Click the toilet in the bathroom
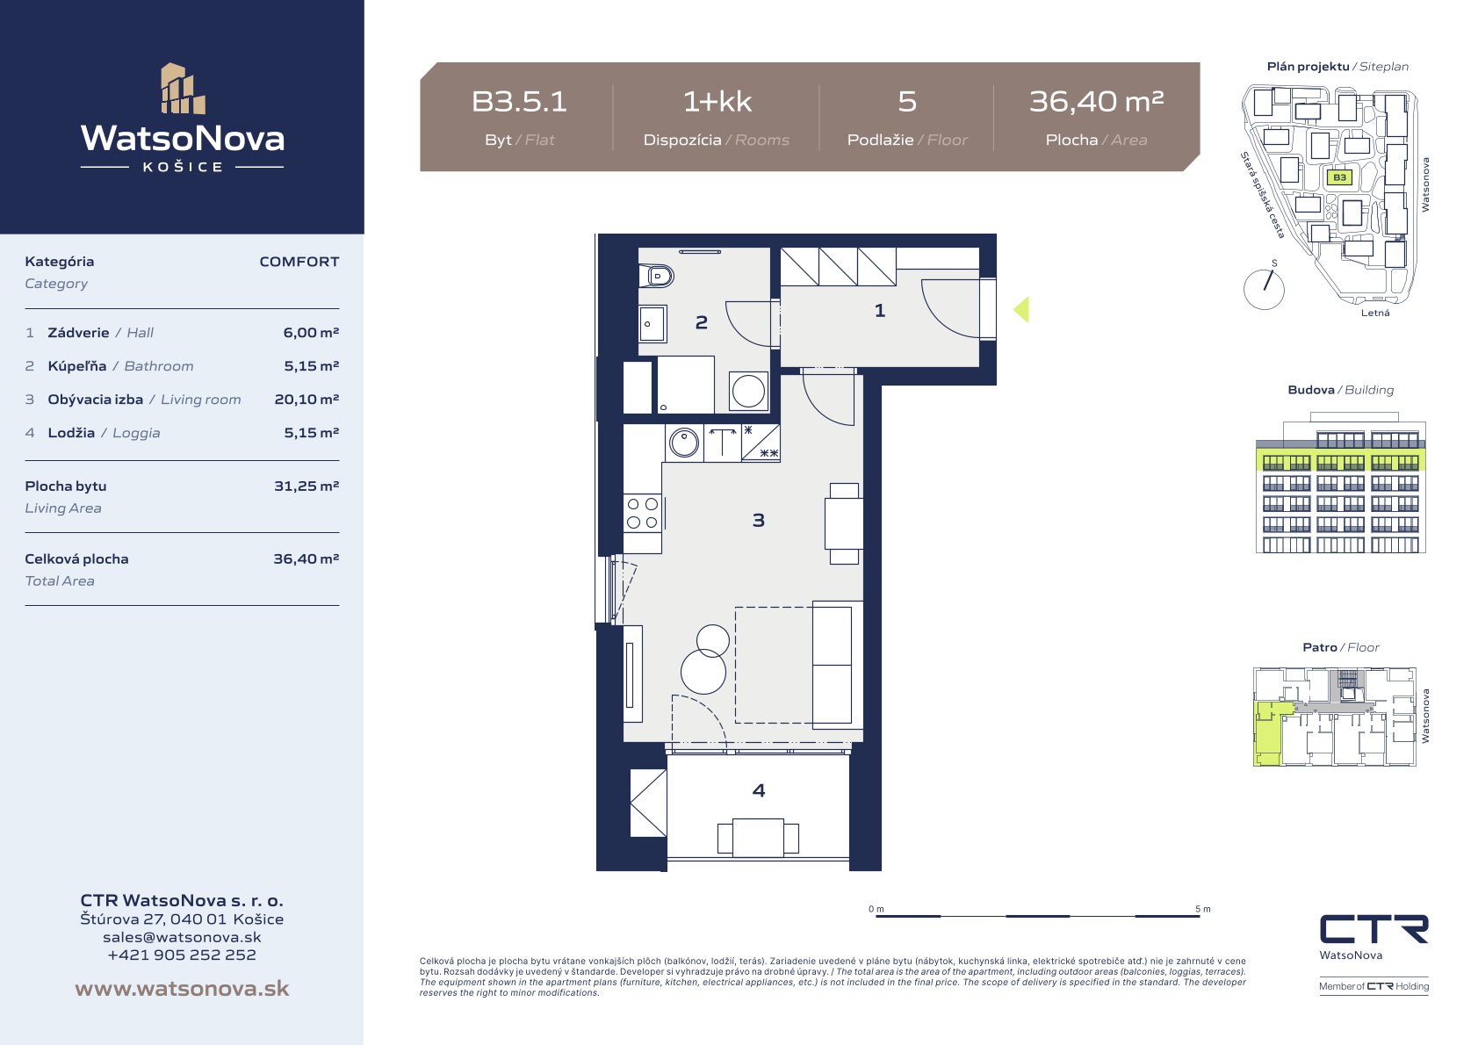pyautogui.click(x=656, y=275)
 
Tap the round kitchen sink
pyautogui.click(x=684, y=442)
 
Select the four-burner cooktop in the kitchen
pyautogui.click(x=642, y=513)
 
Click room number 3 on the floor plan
pyautogui.click(x=759, y=520)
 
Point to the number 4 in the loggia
pyautogui.click(x=759, y=789)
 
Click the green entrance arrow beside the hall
pyautogui.click(x=1021, y=309)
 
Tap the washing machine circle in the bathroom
pyautogui.click(x=748, y=391)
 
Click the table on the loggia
pyautogui.click(x=758, y=838)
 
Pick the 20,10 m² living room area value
pyautogui.click(x=306, y=400)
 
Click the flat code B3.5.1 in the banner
pyautogui.click(x=519, y=102)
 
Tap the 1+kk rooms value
pyautogui.click(x=717, y=102)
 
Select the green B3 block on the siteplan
pyautogui.click(x=1339, y=177)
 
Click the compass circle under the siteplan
pyautogui.click(x=1264, y=290)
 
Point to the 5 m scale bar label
pyautogui.click(x=1203, y=908)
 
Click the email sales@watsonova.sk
pyautogui.click(x=182, y=937)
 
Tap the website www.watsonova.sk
pyautogui.click(x=182, y=988)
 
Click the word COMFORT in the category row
pyautogui.click(x=299, y=262)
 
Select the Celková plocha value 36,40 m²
pyautogui.click(x=306, y=559)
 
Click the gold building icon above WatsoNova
pyautogui.click(x=183, y=89)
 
